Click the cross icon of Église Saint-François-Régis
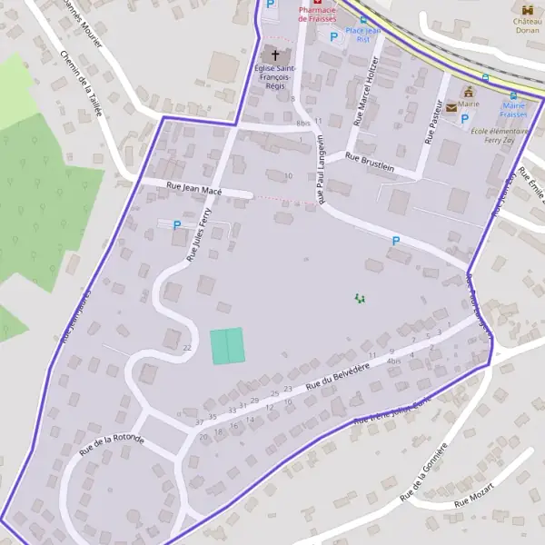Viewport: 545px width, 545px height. tap(276, 55)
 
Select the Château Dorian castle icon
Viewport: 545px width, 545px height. tap(527, 9)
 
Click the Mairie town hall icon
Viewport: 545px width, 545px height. tap(469, 92)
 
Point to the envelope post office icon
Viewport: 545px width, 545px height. tap(449, 106)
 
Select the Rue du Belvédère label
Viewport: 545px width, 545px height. tap(338, 376)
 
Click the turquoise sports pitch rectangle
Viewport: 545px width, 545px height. tap(227, 346)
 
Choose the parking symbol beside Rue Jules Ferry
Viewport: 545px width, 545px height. tap(177, 224)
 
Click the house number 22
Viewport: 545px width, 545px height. tap(187, 348)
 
